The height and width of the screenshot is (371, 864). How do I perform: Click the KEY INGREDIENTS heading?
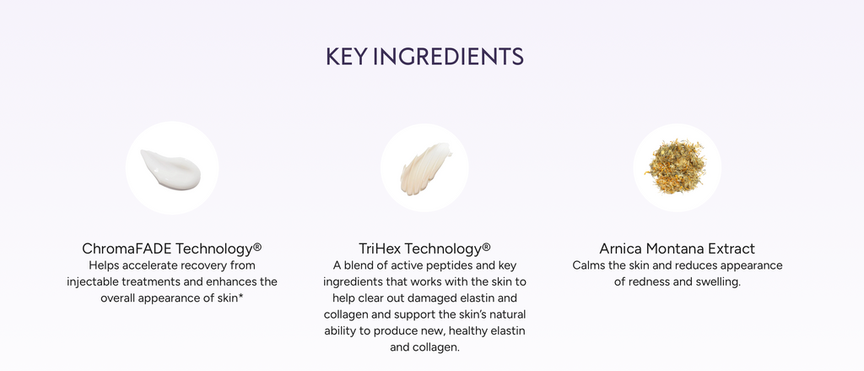424,57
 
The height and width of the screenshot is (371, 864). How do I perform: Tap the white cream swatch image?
171,167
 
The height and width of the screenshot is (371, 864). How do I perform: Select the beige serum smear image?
424,167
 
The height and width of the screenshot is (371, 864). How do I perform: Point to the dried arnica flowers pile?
677,166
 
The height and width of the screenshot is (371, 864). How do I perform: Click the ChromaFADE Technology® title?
171,248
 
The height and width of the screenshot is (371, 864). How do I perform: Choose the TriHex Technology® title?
424,248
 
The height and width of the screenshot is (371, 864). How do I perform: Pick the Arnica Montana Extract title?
677,248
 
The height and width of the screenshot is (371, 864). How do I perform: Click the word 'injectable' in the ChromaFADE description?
94,281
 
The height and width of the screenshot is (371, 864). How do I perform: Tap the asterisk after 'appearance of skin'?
241,297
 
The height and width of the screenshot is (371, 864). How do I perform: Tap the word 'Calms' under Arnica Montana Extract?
589,265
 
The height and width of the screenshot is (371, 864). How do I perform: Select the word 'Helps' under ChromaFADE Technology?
104,265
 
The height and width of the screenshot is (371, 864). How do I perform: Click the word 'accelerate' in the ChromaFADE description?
153,265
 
